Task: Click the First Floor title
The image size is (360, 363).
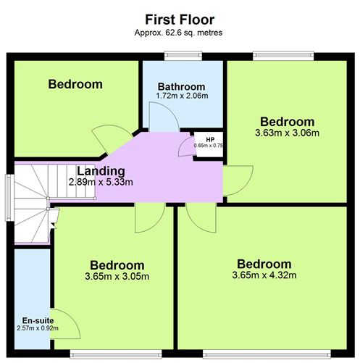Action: click(x=180, y=19)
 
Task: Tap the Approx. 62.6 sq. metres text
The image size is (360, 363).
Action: click(x=180, y=33)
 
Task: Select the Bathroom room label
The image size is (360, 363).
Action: click(x=176, y=87)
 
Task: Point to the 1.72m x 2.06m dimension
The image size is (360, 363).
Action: click(x=182, y=96)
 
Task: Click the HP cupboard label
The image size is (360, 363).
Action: click(x=210, y=138)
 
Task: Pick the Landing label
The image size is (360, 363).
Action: click(x=101, y=172)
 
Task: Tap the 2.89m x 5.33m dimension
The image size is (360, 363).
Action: click(x=101, y=183)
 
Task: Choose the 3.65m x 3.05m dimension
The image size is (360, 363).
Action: click(x=117, y=276)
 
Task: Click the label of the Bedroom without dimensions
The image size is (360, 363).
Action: click(x=75, y=84)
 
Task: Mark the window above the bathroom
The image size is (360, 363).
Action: click(x=183, y=55)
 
